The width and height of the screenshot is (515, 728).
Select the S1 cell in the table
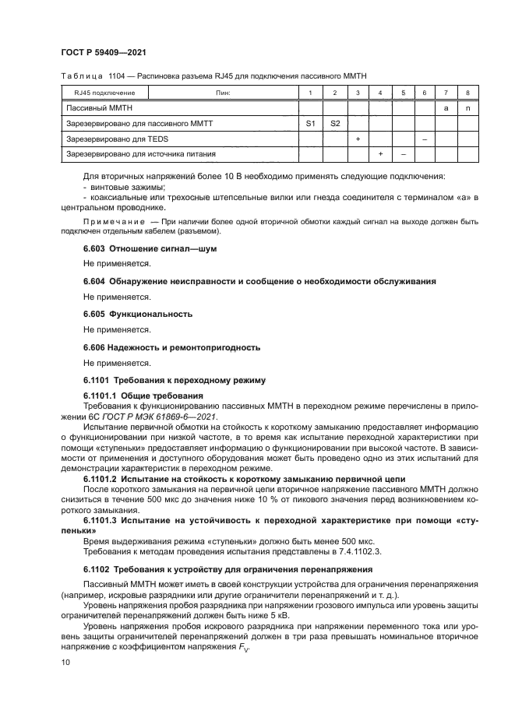coord(310,124)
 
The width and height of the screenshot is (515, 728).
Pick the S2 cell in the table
coord(334,124)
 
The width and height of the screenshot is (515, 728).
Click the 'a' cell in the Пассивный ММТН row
coord(446,108)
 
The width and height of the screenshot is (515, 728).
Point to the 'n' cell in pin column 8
coord(467,108)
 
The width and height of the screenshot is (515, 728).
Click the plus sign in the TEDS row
coord(357,139)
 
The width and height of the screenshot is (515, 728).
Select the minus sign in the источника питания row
coord(402,155)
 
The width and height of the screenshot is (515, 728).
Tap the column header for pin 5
coord(402,93)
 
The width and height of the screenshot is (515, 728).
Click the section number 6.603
coord(96,248)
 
